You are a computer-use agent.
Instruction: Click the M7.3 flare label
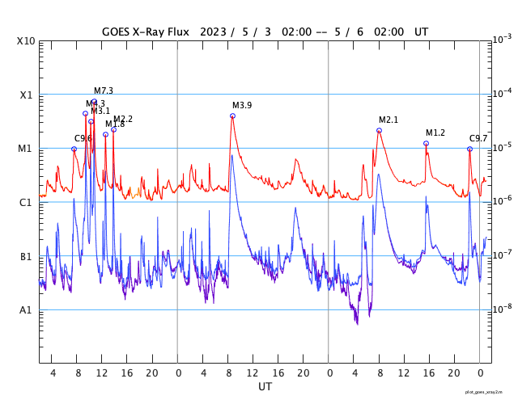[104, 90]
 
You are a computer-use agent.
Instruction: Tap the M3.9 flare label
[242, 106]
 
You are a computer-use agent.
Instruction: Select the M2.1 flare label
[388, 120]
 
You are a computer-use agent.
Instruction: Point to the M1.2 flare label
[435, 133]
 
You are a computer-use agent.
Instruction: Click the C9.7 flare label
[478, 139]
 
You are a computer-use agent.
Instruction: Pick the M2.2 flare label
[123, 120]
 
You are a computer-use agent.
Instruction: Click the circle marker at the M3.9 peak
[232, 116]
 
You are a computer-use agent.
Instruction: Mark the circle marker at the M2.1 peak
[379, 130]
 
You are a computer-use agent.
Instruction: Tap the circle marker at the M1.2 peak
[426, 143]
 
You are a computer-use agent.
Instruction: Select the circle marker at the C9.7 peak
[469, 149]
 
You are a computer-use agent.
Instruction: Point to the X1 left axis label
[27, 95]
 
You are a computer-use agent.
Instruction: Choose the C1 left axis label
[27, 202]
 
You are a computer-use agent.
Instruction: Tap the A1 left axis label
[27, 310]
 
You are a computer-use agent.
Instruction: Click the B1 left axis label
[27, 256]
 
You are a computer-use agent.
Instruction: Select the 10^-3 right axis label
[502, 39]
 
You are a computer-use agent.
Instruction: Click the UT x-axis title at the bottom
[265, 387]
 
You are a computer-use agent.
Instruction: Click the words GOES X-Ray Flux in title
[146, 32]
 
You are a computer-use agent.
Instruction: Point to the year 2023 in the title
[214, 32]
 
